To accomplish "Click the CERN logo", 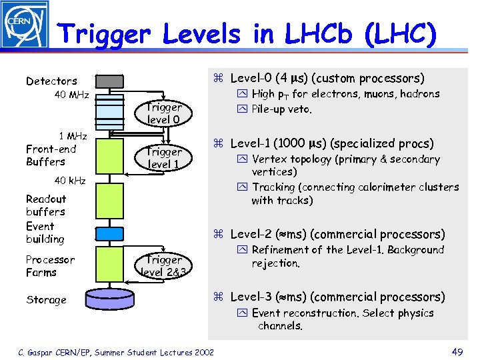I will [x=25, y=25].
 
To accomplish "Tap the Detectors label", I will [x=51, y=81].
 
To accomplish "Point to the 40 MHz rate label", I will [x=71, y=95].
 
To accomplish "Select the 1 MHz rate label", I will [x=73, y=136].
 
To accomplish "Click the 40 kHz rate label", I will [x=70, y=181].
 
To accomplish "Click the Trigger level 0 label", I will [x=163, y=113].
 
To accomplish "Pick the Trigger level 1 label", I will [x=163, y=158].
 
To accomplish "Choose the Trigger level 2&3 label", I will [x=163, y=265].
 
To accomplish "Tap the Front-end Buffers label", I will [x=51, y=155].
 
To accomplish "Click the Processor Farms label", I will [x=50, y=266].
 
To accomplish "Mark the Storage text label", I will [x=46, y=300].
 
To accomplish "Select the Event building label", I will [x=45, y=233].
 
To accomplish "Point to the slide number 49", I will [x=457, y=352].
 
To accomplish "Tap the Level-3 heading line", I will [x=337, y=297].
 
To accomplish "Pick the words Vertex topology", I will [x=291, y=159].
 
